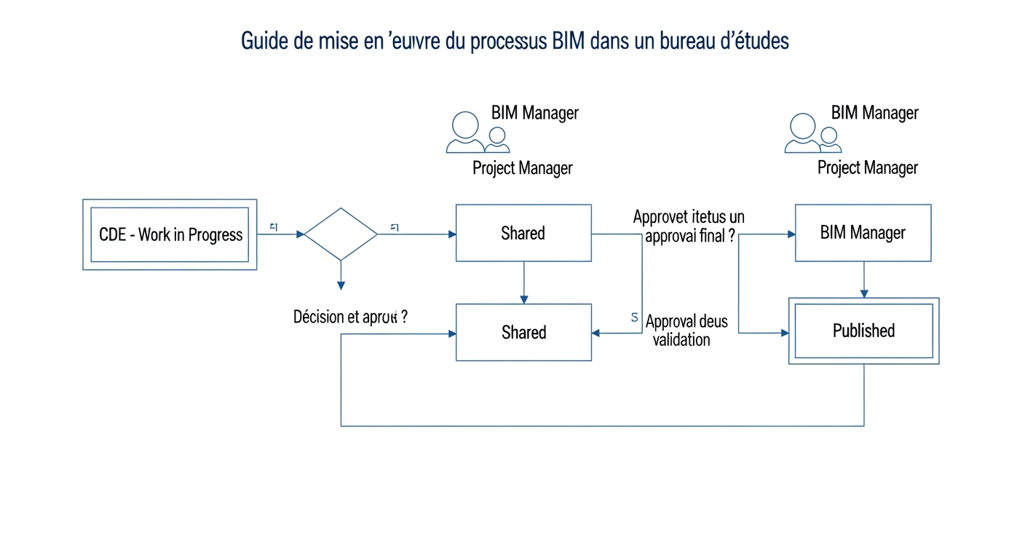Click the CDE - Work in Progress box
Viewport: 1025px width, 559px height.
(x=170, y=234)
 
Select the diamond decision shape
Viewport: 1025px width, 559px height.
(x=340, y=234)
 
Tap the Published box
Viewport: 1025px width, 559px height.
(x=863, y=330)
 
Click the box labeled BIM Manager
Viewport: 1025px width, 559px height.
(x=863, y=233)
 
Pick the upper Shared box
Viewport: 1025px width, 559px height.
(x=523, y=233)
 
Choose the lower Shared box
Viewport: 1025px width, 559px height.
(x=523, y=332)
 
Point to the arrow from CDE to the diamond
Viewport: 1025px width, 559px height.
(x=280, y=234)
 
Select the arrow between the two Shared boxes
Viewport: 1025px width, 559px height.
(x=523, y=282)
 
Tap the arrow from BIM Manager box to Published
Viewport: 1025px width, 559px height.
(x=863, y=279)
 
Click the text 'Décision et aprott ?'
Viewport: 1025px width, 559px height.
(x=349, y=317)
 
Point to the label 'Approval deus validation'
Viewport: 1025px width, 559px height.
(x=686, y=330)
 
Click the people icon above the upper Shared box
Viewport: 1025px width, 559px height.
(x=476, y=132)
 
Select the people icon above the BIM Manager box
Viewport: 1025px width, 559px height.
(x=812, y=132)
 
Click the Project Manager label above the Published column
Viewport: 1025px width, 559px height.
(x=867, y=168)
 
